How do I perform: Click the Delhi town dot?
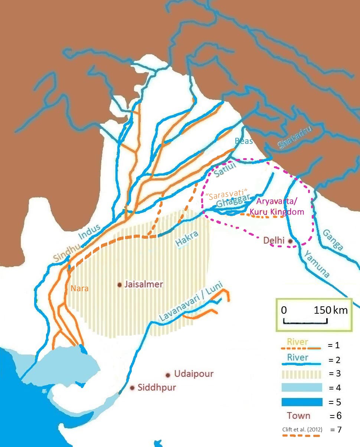coord(291,241)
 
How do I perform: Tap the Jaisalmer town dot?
coord(120,285)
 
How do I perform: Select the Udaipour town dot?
coord(168,375)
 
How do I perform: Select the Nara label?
coord(79,288)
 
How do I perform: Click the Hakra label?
coord(187,239)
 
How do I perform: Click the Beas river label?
coord(243,141)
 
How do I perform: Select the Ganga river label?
coord(333,239)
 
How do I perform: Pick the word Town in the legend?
coord(298,415)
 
